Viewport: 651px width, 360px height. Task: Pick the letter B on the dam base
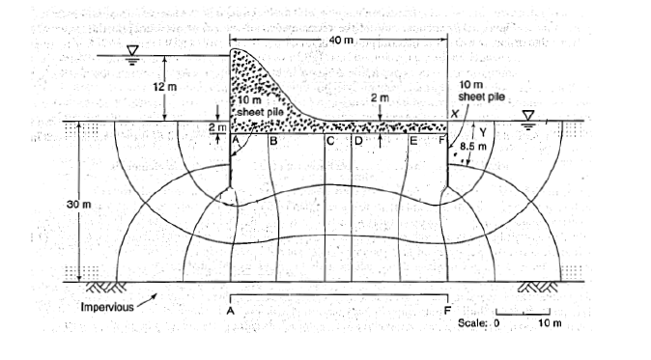[273, 142]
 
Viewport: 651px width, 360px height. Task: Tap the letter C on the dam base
[330, 142]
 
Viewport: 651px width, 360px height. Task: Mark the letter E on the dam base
[412, 142]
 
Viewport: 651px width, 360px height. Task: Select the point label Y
[479, 134]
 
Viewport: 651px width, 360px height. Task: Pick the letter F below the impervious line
[447, 312]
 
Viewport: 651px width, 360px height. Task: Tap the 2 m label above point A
[215, 126]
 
